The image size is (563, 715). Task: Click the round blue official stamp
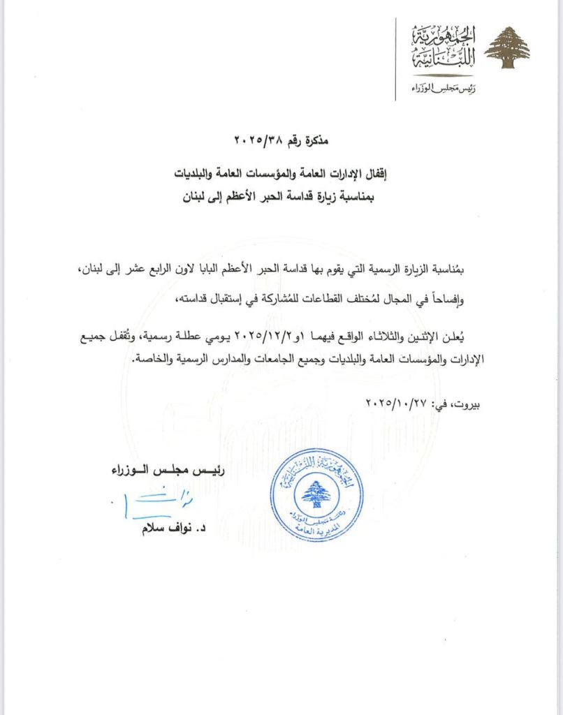click(x=317, y=499)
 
